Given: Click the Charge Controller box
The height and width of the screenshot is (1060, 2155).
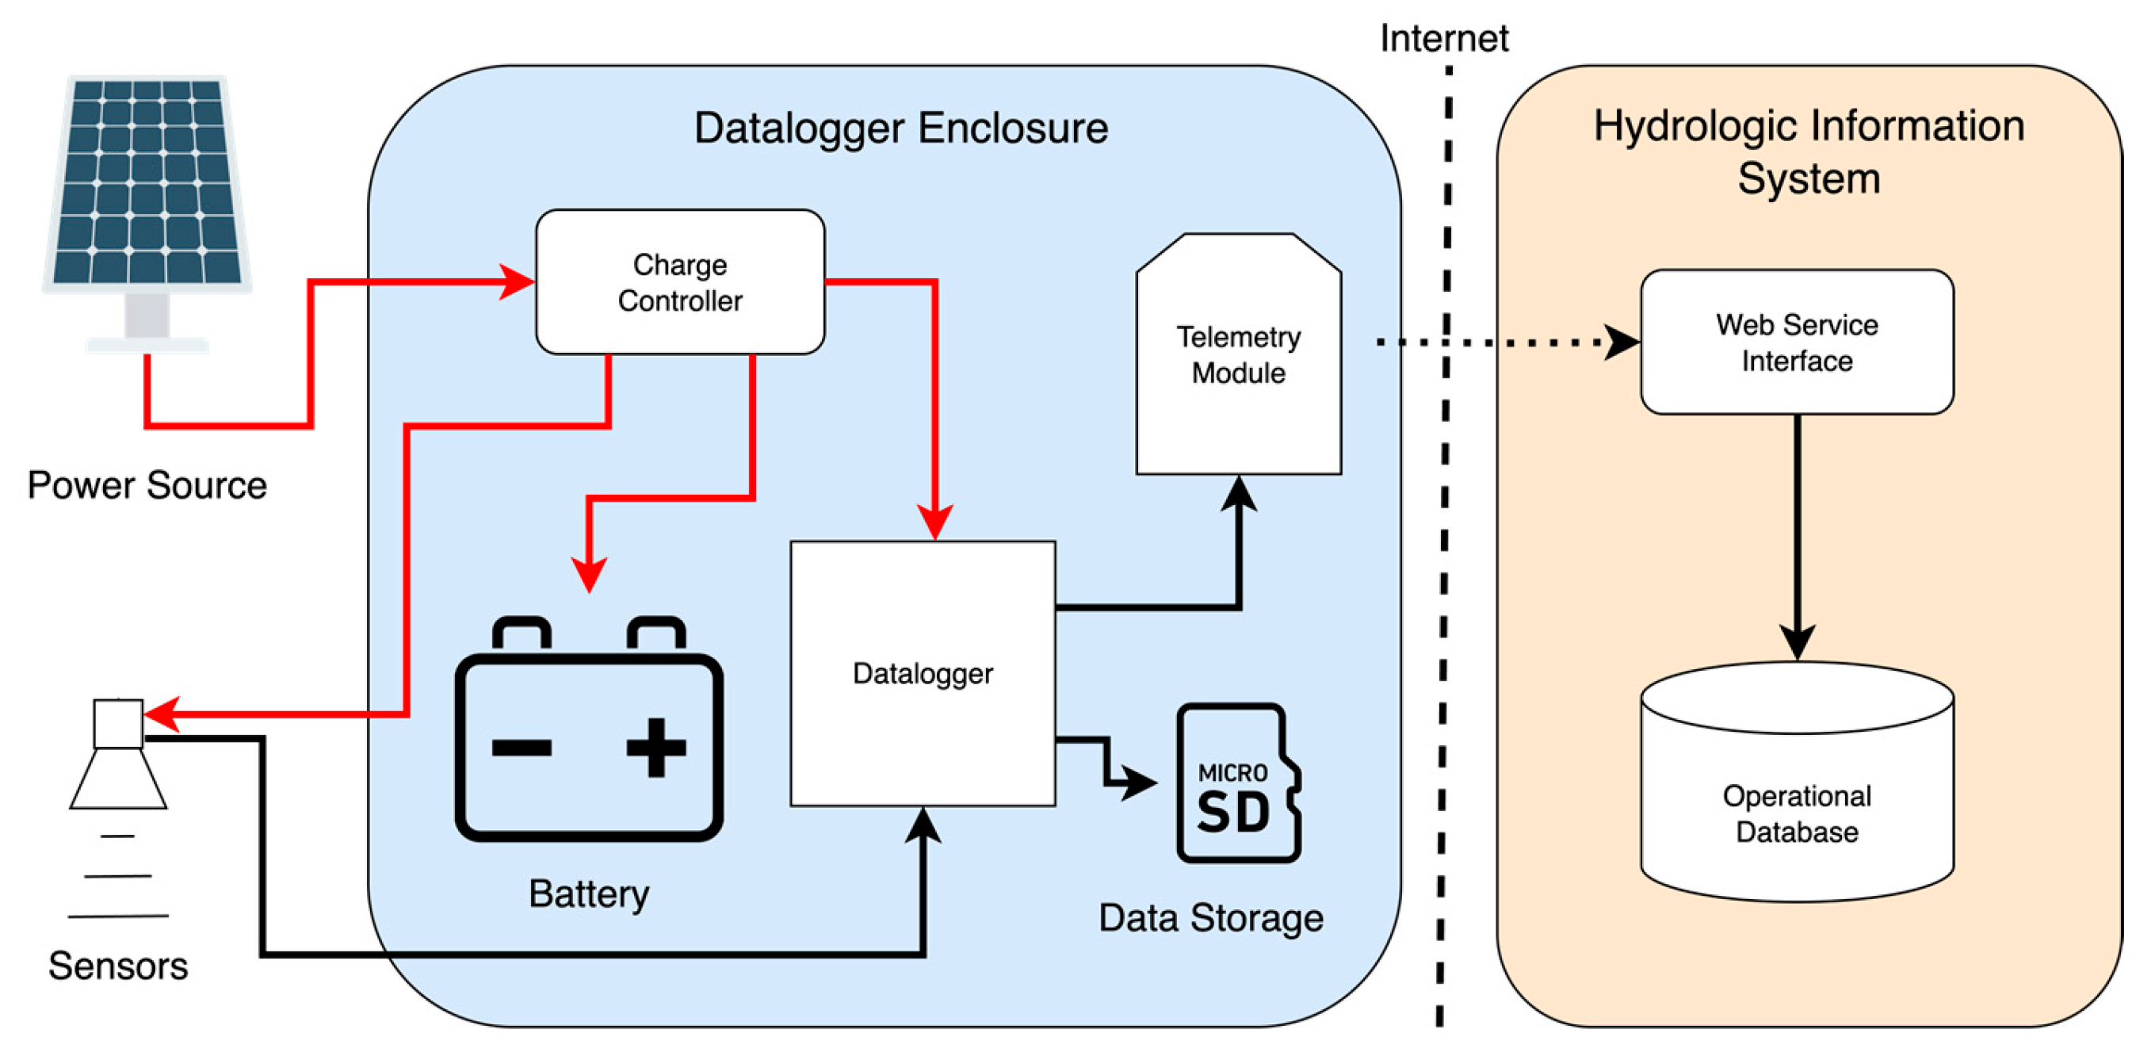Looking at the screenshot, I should pos(679,282).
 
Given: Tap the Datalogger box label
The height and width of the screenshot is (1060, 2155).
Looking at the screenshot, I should pos(922,673).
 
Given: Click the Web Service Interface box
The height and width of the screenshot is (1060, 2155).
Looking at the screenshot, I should pos(1796,342).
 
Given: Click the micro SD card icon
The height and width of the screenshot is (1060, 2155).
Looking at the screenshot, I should pos(1236,783).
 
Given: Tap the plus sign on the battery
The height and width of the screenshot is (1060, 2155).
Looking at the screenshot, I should pos(656,747).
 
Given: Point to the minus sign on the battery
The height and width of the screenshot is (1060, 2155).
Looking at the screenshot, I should pos(522,747).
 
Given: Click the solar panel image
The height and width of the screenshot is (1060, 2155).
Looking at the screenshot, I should pos(147,184).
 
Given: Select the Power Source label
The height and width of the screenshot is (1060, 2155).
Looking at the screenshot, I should pos(147,485).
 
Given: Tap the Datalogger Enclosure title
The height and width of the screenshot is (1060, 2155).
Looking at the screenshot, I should pos(901,128).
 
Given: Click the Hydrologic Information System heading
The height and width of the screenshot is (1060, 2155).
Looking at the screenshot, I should pos(1808,151).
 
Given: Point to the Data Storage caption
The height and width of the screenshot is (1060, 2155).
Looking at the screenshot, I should pos(1210,918).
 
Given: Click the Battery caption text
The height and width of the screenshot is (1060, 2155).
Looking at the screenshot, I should pos(588,894).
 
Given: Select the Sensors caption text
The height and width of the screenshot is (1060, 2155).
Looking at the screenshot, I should pos(118,966).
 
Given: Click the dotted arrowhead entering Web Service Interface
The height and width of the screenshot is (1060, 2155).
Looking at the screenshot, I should pos(1622,342).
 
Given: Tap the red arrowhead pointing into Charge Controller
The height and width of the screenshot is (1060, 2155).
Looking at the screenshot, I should pos(516,282).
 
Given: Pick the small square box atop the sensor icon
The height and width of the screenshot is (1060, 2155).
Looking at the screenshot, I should pos(118,724).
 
